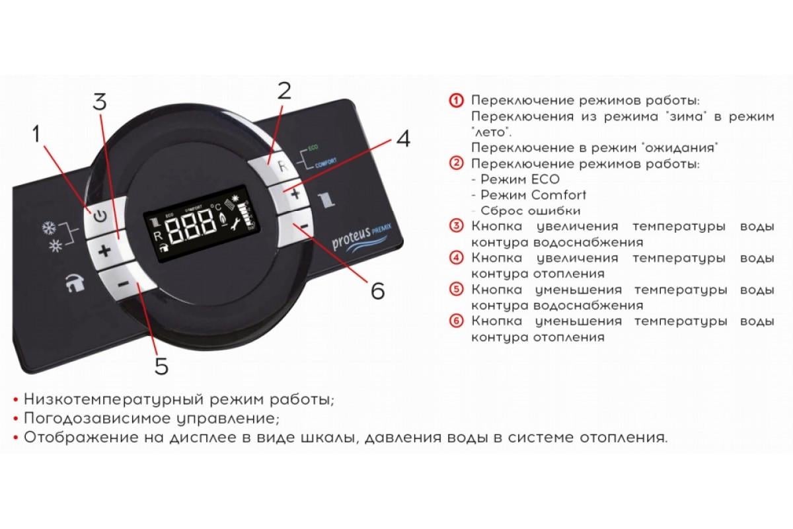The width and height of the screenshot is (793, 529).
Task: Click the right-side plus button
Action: [x=295, y=194]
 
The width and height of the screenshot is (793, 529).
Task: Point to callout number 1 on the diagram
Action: [x=37, y=135]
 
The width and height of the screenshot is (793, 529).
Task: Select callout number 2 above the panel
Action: [x=284, y=91]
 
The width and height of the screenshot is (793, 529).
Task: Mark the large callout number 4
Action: [x=403, y=140]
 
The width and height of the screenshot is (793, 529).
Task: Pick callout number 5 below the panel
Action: [x=161, y=366]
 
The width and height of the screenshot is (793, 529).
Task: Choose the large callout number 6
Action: [x=377, y=290]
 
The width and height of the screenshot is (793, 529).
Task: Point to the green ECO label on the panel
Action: [x=313, y=146]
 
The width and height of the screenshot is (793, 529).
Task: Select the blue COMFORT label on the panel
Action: [x=326, y=162]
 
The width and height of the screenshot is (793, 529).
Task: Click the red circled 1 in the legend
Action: [x=455, y=101]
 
